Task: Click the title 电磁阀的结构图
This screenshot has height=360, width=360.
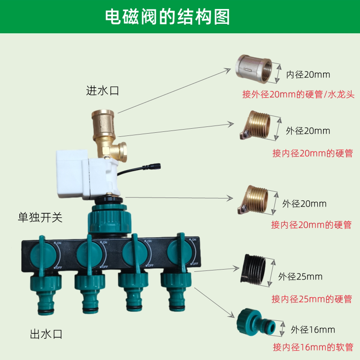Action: pos(167,17)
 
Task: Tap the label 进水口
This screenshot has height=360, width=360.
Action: pos(102,90)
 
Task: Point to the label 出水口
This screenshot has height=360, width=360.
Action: pos(45,334)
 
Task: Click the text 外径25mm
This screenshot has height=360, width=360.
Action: pos(300,276)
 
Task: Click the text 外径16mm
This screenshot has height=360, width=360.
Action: pos(313,330)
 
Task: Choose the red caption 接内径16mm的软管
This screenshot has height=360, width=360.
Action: pos(313,347)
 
